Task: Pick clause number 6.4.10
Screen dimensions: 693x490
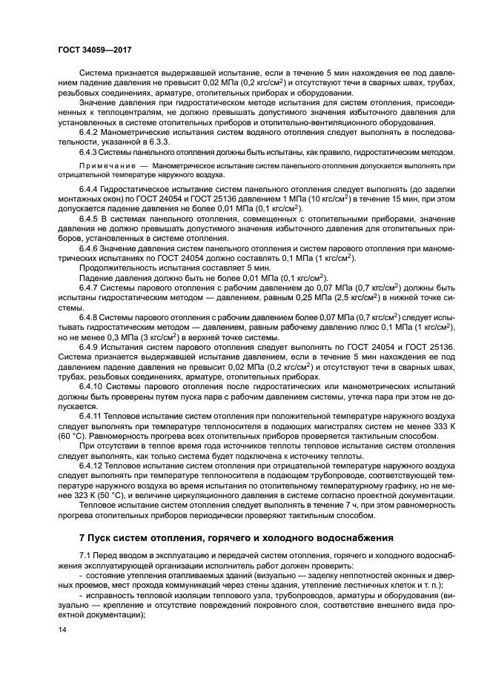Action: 92,387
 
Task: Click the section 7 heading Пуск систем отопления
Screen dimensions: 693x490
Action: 244,536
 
